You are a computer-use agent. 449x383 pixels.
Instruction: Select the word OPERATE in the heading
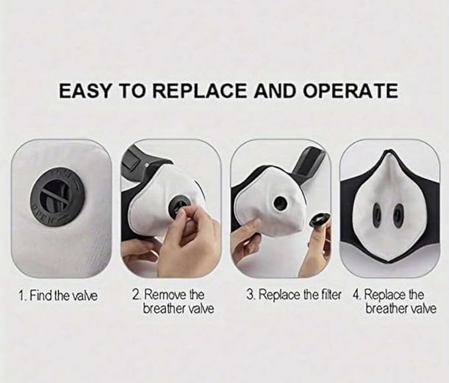point(350,91)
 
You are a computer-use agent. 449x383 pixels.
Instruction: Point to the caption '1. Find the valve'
point(58,295)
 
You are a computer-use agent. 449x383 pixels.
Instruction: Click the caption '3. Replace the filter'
point(294,294)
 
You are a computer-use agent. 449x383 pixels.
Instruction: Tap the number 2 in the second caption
point(136,294)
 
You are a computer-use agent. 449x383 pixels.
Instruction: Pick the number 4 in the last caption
point(356,294)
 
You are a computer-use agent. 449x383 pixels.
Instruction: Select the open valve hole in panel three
point(280,203)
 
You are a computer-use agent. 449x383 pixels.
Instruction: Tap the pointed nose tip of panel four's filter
point(389,152)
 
